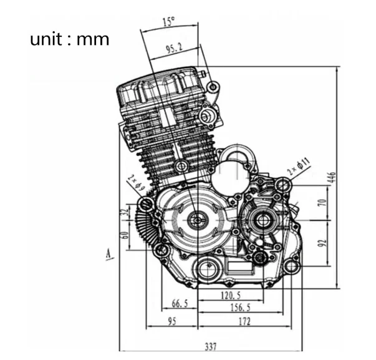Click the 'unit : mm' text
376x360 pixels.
[69, 40]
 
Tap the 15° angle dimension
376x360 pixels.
[168, 22]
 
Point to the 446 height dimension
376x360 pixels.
[332, 177]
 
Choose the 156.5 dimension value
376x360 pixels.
[240, 308]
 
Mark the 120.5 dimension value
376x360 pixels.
[231, 295]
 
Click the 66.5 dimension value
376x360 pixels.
[179, 304]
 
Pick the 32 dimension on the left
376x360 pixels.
[125, 213]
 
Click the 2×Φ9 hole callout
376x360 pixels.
[135, 183]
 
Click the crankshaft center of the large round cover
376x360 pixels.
[198, 220]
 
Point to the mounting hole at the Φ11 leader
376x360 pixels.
[284, 185]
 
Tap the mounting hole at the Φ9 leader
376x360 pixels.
[147, 205]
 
